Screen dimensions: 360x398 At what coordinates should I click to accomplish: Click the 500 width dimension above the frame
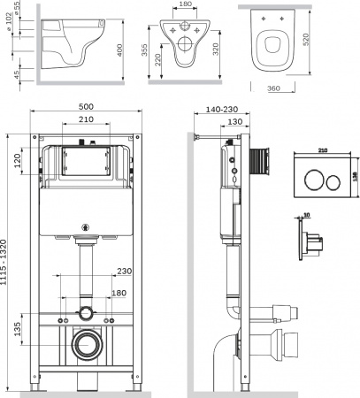coord(86,106)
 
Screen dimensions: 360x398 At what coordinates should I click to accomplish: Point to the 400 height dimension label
coord(119,50)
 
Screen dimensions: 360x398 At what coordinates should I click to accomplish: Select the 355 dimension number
coord(144,50)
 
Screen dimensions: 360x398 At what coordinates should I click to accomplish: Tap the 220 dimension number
coord(157,60)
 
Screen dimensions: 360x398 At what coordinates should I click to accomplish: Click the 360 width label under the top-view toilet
coord(273,88)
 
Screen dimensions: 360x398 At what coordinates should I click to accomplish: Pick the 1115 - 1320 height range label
coord(4,262)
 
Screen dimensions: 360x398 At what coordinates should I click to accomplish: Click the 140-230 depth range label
coord(222,110)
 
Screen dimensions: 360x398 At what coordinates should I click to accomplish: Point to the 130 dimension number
coord(235,121)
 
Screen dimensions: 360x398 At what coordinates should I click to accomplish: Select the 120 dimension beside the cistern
coord(19,161)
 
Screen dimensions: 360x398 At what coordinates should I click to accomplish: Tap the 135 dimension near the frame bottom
coord(18,329)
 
